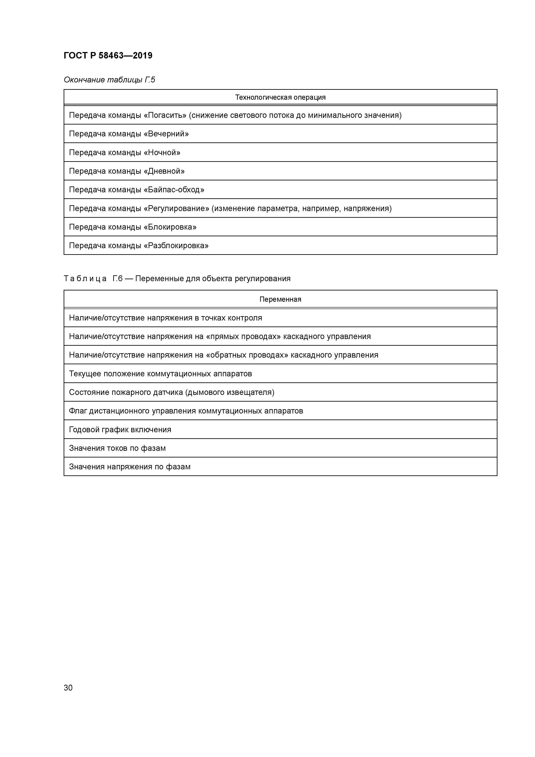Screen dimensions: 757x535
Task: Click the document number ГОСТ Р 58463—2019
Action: (108, 55)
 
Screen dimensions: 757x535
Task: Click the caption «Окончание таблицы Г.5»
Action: (109, 80)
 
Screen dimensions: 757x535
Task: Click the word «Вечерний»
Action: (167, 134)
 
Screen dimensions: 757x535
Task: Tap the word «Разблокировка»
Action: (176, 246)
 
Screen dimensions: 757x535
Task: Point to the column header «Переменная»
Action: (280, 299)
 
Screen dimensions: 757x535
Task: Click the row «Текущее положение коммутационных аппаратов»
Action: (160, 374)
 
